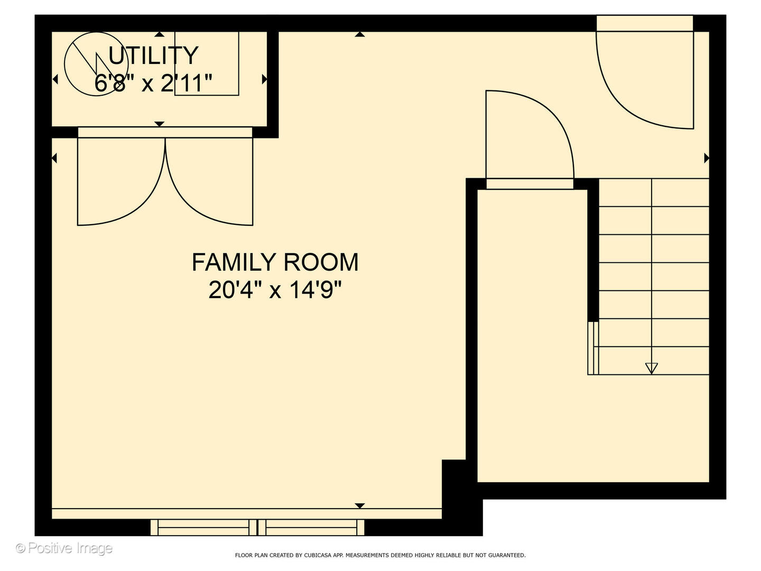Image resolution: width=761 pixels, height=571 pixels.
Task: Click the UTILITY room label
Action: coord(153,56)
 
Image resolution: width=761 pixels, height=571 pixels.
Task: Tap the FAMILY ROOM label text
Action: coord(275,262)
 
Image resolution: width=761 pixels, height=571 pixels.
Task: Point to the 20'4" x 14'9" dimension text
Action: coord(275,290)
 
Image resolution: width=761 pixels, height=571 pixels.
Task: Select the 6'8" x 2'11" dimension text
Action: coord(153,83)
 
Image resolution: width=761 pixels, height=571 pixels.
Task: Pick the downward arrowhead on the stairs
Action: coord(652,368)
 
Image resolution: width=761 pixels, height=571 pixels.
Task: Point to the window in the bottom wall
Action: coord(257,527)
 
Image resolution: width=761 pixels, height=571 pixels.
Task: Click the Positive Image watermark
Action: coord(64,548)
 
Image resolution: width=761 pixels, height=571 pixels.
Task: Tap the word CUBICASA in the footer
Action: coord(317,555)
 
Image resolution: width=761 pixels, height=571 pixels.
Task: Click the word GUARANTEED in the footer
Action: coord(506,555)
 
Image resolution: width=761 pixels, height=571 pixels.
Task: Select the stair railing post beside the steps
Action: coord(593,348)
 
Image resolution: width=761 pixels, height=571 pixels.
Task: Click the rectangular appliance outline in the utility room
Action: coord(207,63)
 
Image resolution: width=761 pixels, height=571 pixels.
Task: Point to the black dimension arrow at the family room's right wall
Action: coord(706,159)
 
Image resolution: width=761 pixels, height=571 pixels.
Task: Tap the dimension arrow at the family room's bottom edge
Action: coord(360,506)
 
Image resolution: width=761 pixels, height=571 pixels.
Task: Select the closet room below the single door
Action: coord(533,336)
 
